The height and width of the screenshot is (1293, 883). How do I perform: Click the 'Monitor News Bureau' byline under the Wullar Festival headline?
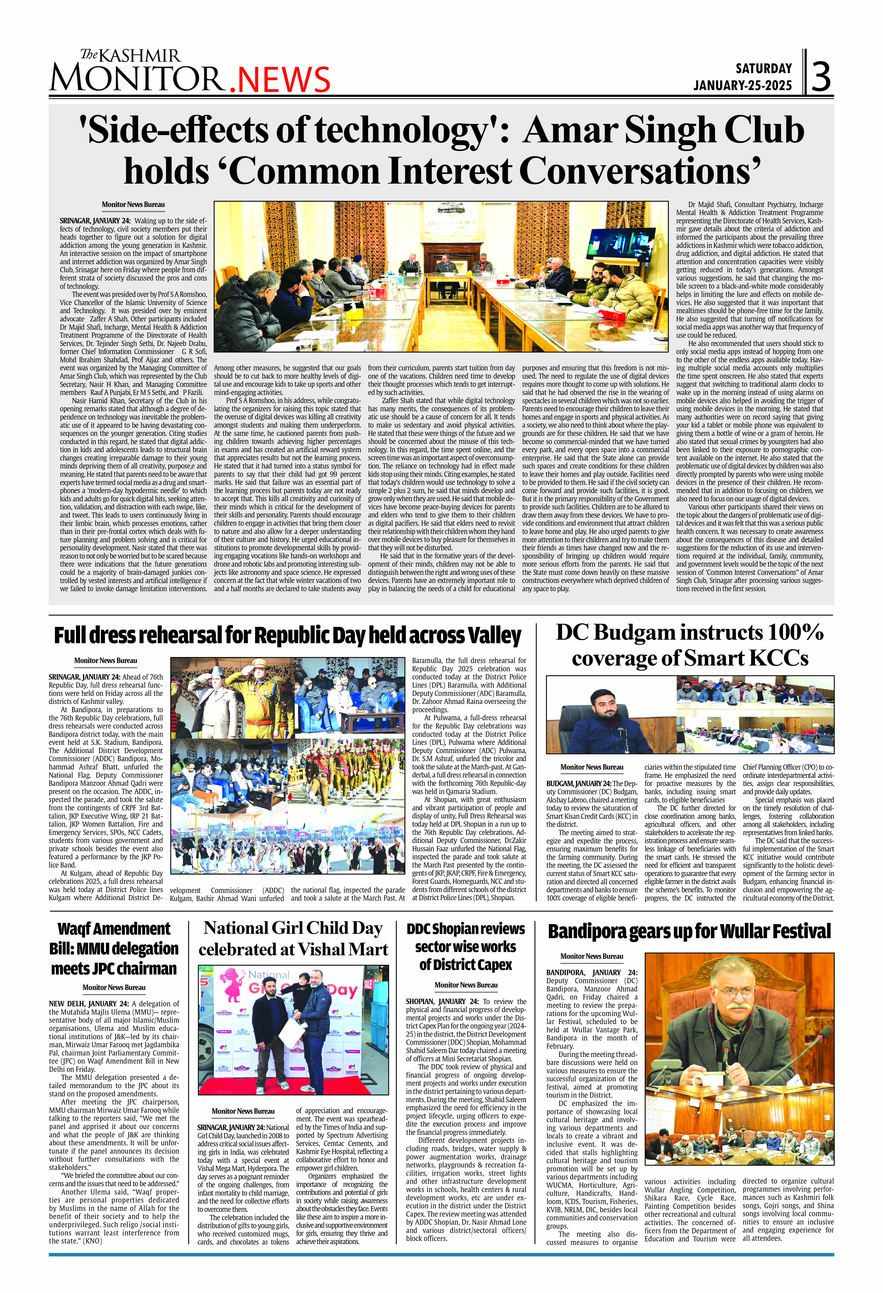(x=591, y=956)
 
